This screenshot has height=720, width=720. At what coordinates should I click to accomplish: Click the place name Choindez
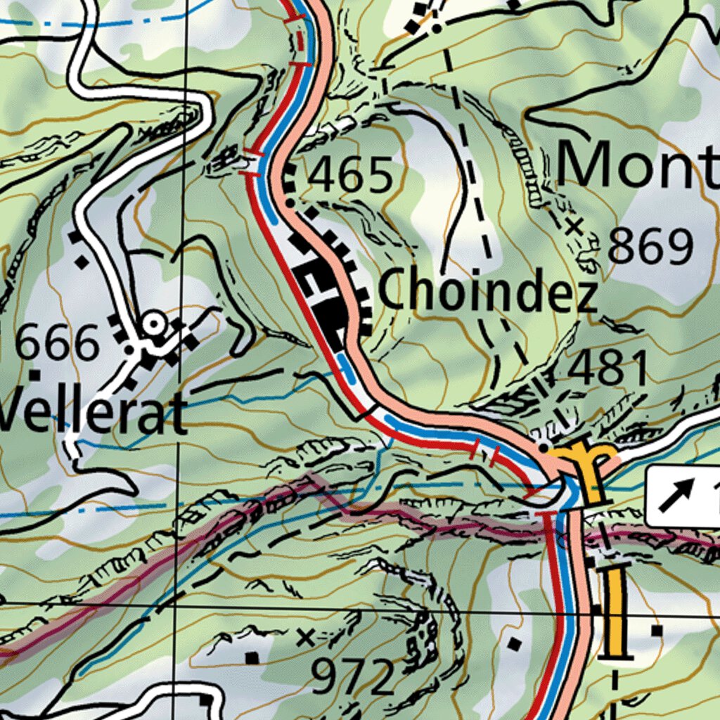(x=488, y=291)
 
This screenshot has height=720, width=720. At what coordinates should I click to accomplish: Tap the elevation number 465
(x=352, y=176)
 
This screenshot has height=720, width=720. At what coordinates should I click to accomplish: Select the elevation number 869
(x=650, y=246)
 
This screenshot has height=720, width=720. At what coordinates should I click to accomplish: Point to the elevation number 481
(x=609, y=369)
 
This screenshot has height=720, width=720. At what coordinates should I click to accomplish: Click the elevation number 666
(x=58, y=345)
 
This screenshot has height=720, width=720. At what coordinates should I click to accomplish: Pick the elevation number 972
(x=354, y=677)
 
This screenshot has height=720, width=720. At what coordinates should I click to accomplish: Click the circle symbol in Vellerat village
(x=153, y=324)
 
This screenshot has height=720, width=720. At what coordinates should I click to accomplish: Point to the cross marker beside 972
(x=305, y=637)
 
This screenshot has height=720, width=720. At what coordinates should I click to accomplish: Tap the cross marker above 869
(x=574, y=226)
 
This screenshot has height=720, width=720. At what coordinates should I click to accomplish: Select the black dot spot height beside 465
(x=290, y=203)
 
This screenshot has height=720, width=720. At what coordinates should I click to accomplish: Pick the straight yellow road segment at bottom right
(x=616, y=612)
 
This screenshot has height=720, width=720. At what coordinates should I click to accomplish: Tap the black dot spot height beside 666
(x=129, y=349)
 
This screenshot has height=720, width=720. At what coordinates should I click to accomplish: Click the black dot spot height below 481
(x=543, y=446)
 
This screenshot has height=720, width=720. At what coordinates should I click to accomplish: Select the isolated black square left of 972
(x=252, y=657)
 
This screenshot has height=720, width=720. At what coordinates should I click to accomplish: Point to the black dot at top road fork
(x=436, y=29)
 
